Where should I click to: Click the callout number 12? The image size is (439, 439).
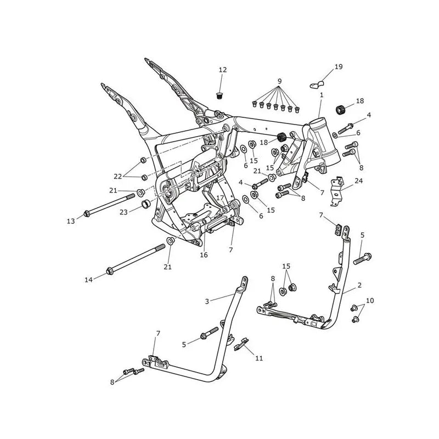[x=223, y=70]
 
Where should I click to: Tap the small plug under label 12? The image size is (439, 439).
[x=220, y=95]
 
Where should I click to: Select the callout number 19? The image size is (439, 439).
[x=339, y=66]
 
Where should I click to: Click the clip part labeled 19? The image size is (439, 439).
[x=317, y=85]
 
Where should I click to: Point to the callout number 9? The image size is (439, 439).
[x=279, y=81]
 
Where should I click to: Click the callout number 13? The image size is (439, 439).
[x=71, y=221]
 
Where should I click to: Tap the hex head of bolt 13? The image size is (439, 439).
[x=87, y=214]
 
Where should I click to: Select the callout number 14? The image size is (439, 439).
[x=88, y=279]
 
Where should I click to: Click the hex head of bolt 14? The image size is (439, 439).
[x=109, y=271]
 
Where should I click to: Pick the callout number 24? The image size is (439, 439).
[x=359, y=181]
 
